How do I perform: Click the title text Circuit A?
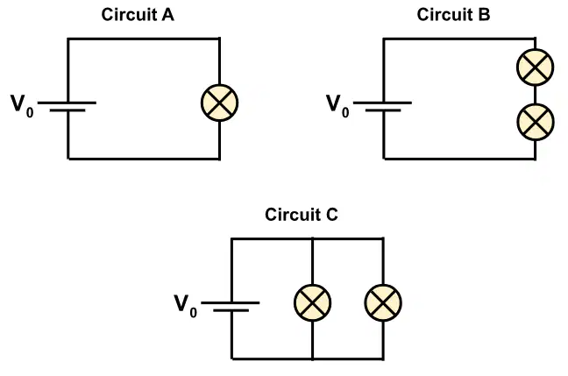pyautogui.click(x=138, y=15)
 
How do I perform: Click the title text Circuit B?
pyautogui.click(x=453, y=15)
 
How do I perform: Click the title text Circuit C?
pyautogui.click(x=302, y=215)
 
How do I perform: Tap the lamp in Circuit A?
pyautogui.click(x=219, y=103)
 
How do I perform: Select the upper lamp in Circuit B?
pyautogui.click(x=535, y=67)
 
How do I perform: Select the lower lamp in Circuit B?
pyautogui.click(x=535, y=122)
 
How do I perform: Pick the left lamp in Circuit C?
pyautogui.click(x=312, y=303)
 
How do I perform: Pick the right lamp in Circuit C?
pyautogui.click(x=383, y=303)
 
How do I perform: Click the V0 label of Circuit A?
pyautogui.click(x=22, y=106)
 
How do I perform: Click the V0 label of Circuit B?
pyautogui.click(x=337, y=106)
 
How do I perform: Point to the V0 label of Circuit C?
pyautogui.click(x=186, y=306)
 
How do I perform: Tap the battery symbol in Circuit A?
pyautogui.click(x=67, y=107)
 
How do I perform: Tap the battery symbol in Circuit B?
pyautogui.click(x=382, y=107)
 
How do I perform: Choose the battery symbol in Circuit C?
pyautogui.click(x=231, y=307)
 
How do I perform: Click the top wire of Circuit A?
pyautogui.click(x=144, y=39)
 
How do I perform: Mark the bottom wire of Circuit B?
pyautogui.click(x=459, y=159)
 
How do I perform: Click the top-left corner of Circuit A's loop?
pyautogui.click(x=67, y=39)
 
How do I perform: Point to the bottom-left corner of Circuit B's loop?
pyautogui.click(x=384, y=159)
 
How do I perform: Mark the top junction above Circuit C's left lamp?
pyautogui.click(x=312, y=238)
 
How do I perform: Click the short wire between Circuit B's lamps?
pyautogui.click(x=535, y=95)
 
